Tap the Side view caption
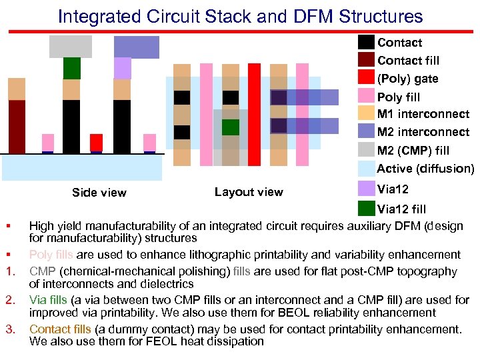click(x=99, y=193)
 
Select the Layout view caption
click(x=249, y=192)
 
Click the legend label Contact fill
click(x=408, y=61)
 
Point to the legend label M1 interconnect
click(x=423, y=114)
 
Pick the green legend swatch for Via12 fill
click(x=366, y=208)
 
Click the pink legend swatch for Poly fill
click(x=366, y=96)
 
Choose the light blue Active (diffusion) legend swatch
click(x=366, y=168)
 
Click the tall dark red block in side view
click(x=17, y=126)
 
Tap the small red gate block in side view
click(x=97, y=142)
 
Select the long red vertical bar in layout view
click(x=254, y=114)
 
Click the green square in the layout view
click(x=231, y=127)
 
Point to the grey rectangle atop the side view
click(x=70, y=46)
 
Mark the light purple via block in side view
click(x=122, y=68)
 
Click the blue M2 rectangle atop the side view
click(x=137, y=47)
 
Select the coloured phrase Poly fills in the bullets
click(x=51, y=255)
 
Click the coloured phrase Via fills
click(x=48, y=301)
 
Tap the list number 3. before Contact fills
click(x=10, y=329)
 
